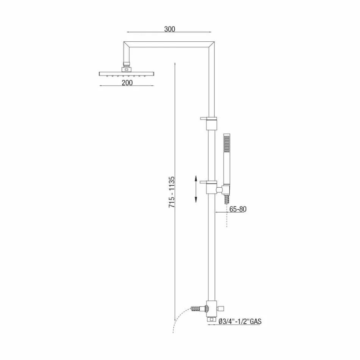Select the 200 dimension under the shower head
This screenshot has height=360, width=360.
click(x=127, y=83)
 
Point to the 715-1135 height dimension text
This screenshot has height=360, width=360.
click(x=172, y=192)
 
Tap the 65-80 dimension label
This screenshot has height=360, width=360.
click(x=238, y=209)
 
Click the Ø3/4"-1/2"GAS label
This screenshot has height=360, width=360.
click(x=240, y=322)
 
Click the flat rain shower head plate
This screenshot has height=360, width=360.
click(x=127, y=73)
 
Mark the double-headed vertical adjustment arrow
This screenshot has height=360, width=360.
click(x=196, y=189)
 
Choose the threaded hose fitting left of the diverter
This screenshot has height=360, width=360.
click(x=197, y=309)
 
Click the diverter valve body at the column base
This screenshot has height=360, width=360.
click(x=211, y=308)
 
